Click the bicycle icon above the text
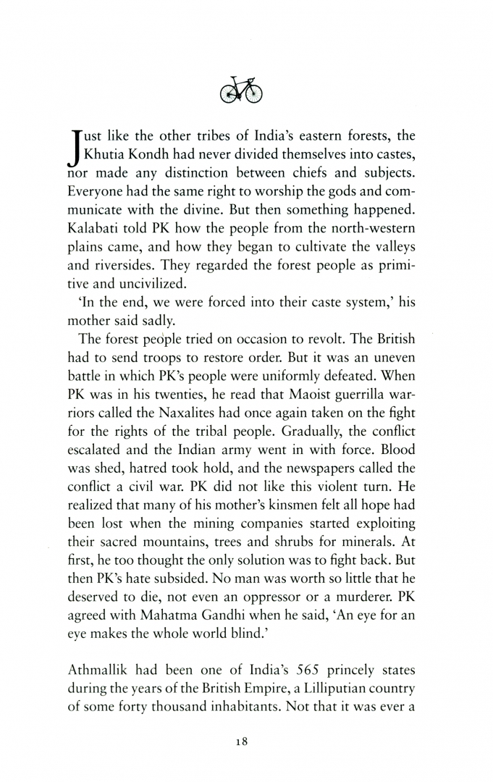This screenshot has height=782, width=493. pyautogui.click(x=240, y=90)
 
